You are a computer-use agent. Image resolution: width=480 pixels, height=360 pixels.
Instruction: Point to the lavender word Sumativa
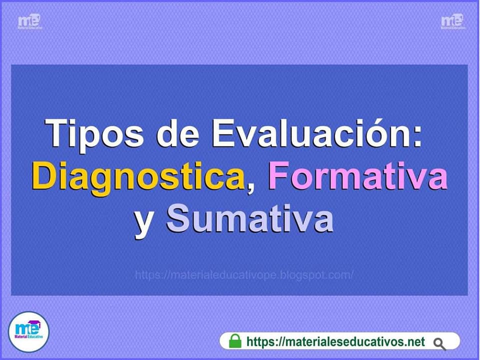point(249,217)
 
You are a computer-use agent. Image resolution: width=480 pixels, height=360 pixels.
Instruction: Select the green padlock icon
point(235,341)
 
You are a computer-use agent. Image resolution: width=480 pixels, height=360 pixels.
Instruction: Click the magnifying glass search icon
point(439,344)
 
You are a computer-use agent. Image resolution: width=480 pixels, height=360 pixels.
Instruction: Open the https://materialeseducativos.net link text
point(335,341)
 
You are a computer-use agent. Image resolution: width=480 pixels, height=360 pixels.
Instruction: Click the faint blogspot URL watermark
point(244,275)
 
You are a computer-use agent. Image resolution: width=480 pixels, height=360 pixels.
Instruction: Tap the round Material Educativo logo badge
point(28,332)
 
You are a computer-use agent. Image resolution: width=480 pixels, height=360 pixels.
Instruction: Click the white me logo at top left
point(29,21)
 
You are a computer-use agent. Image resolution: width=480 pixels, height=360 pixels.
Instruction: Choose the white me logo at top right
point(453,21)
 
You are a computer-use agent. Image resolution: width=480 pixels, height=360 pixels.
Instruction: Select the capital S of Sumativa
point(178,217)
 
